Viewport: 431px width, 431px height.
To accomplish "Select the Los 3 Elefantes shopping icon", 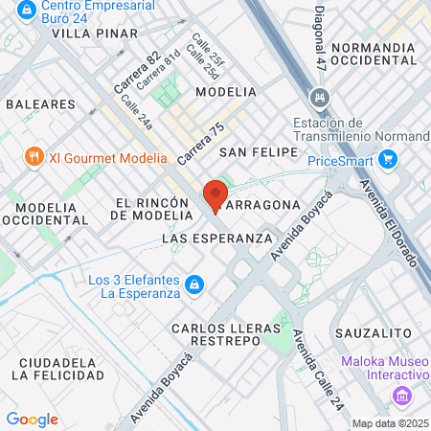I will (194, 284).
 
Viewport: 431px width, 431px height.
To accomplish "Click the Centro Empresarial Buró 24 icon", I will (25, 13).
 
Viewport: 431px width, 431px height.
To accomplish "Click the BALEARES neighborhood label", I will (40, 102).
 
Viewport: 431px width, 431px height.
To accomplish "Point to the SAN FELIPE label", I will (254, 152).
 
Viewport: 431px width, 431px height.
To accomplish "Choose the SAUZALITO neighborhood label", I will (374, 331).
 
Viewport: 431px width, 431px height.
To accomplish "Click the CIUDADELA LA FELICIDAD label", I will (58, 369).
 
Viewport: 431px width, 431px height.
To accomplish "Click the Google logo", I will (32, 419).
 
